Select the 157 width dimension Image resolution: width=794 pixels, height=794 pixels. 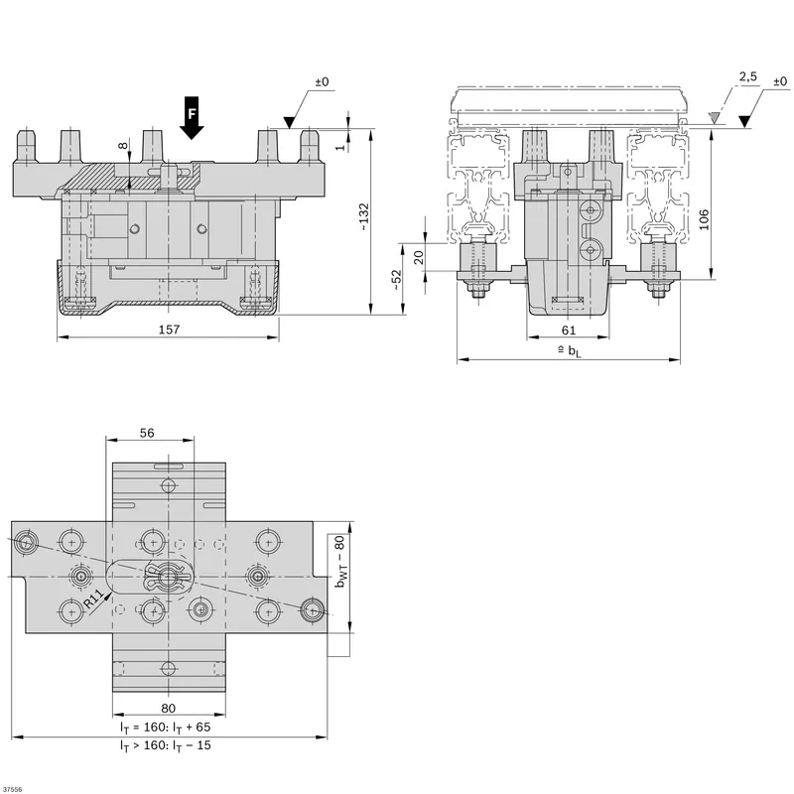(169, 330)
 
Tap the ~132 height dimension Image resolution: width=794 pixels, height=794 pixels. (363, 217)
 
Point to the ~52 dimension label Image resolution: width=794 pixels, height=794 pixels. (395, 280)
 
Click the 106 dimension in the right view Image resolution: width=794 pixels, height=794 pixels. (704, 219)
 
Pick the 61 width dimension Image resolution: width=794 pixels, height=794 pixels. (569, 331)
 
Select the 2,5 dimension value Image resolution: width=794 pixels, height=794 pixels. (748, 76)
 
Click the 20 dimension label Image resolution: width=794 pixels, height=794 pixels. (419, 258)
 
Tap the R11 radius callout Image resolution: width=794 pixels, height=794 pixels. (94, 598)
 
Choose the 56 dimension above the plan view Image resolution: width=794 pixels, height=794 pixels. (147, 433)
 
